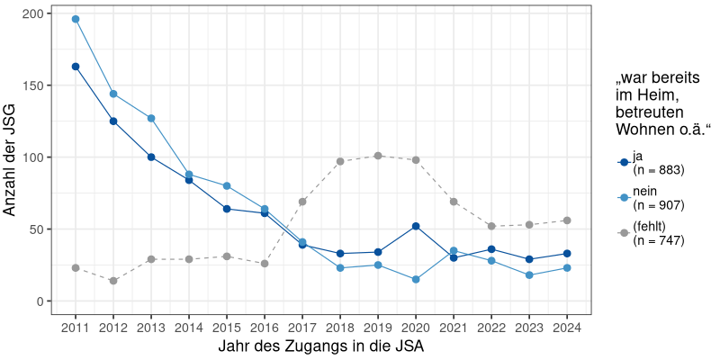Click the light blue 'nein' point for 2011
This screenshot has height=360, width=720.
click(76, 19)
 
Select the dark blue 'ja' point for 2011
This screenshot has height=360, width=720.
click(76, 67)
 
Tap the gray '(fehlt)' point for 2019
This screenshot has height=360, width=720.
click(378, 156)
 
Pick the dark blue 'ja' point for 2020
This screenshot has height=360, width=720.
click(416, 226)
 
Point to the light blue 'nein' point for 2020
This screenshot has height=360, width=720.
click(416, 280)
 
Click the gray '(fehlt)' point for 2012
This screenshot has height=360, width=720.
click(113, 281)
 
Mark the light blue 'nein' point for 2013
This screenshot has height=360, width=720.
click(151, 119)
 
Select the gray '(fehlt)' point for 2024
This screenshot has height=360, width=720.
click(567, 220)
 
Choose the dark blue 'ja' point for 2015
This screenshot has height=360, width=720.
click(227, 209)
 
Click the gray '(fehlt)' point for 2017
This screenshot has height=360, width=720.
click(302, 202)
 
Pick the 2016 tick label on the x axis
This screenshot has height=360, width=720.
click(265, 326)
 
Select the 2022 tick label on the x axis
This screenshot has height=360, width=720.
click(491, 326)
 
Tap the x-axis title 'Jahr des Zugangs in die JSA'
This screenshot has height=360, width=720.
click(321, 346)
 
